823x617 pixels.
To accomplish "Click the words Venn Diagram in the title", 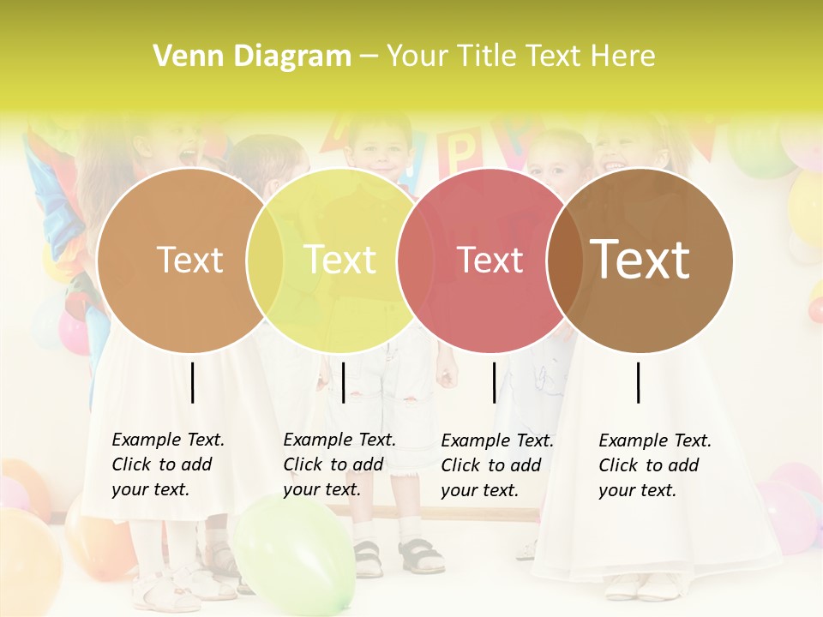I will point(252,57).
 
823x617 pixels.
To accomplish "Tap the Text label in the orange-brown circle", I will point(189,260).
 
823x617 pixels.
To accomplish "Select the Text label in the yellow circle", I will point(339,260).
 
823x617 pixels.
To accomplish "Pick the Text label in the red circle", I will point(490,260).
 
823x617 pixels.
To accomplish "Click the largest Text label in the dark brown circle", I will point(640,260).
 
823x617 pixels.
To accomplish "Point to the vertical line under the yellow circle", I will point(343,382).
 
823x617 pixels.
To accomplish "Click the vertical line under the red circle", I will point(495,382).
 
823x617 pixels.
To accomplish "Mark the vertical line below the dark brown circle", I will point(639,382).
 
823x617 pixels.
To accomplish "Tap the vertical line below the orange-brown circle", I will point(193,382).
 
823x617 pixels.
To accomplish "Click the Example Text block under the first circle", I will point(168,464).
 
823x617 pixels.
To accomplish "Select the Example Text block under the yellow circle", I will point(339,464).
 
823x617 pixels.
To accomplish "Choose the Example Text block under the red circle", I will point(497,465).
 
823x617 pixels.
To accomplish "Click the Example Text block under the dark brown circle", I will point(655,465).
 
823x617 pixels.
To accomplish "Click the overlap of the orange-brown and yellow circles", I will point(265,260).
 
